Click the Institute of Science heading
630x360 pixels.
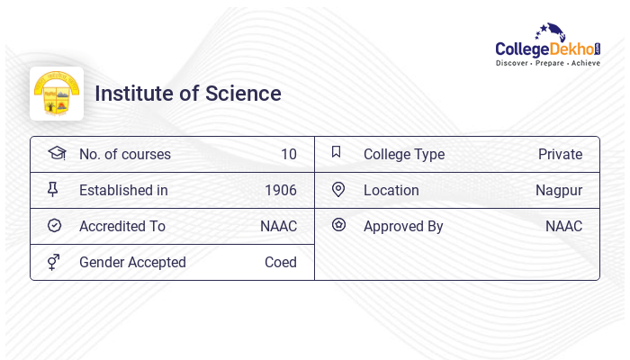coord(188,94)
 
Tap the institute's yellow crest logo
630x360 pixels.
coord(57,94)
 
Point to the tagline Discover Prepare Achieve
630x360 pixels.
coord(548,64)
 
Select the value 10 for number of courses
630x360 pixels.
coord(288,154)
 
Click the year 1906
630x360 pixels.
coord(280,190)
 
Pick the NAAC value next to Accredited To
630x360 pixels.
coord(278,226)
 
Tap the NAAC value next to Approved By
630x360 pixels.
coord(563,226)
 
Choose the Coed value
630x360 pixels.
coord(280,262)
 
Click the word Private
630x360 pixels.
coord(560,154)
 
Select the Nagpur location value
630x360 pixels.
coord(559,190)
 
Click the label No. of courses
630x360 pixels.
coord(125,154)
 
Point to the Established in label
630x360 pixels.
coord(123,190)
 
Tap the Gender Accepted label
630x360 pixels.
coord(132,262)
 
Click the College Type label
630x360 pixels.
coord(404,154)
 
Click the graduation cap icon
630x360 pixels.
coord(56,153)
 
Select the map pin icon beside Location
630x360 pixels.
coord(338,189)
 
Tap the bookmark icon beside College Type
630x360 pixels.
coord(336,152)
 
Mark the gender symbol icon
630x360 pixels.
coord(54,262)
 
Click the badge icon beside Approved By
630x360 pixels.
coord(338,225)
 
